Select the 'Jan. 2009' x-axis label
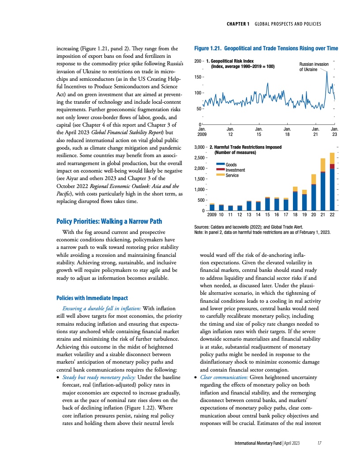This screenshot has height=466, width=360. pos(202,131)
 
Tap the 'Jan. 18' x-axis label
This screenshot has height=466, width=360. pos(287,131)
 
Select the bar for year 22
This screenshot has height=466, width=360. pos(332,182)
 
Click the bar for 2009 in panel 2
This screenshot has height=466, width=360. pos(212,207)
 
